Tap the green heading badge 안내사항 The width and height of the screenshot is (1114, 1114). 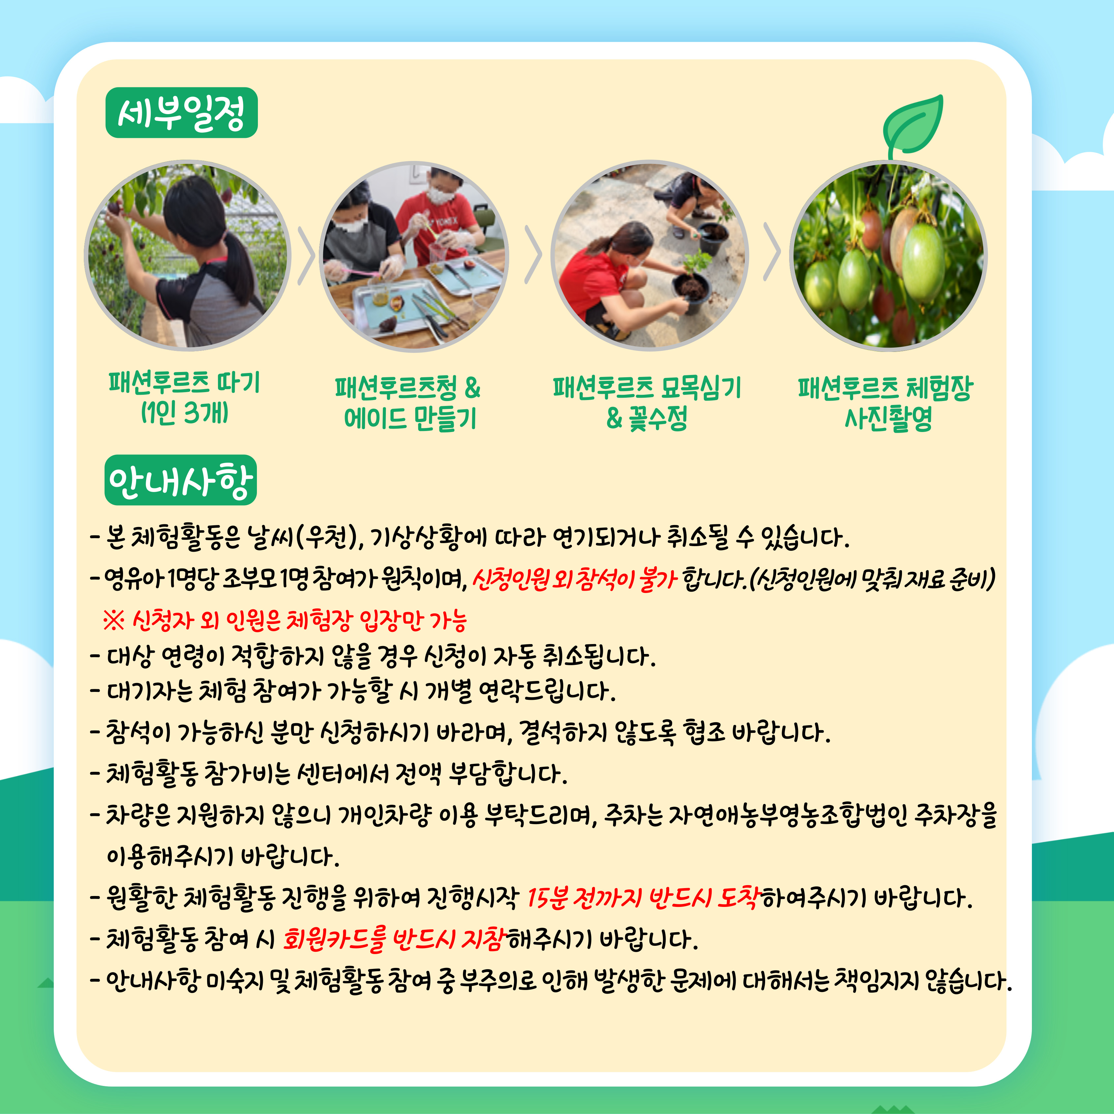coord(180,480)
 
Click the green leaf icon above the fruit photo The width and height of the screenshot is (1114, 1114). coord(913,126)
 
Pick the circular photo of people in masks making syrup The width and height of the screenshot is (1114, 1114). coord(414,257)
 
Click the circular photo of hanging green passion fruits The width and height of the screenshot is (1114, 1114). coord(888,256)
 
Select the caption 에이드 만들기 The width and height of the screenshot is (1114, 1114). coord(410,418)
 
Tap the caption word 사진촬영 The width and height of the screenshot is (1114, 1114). coord(888,418)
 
